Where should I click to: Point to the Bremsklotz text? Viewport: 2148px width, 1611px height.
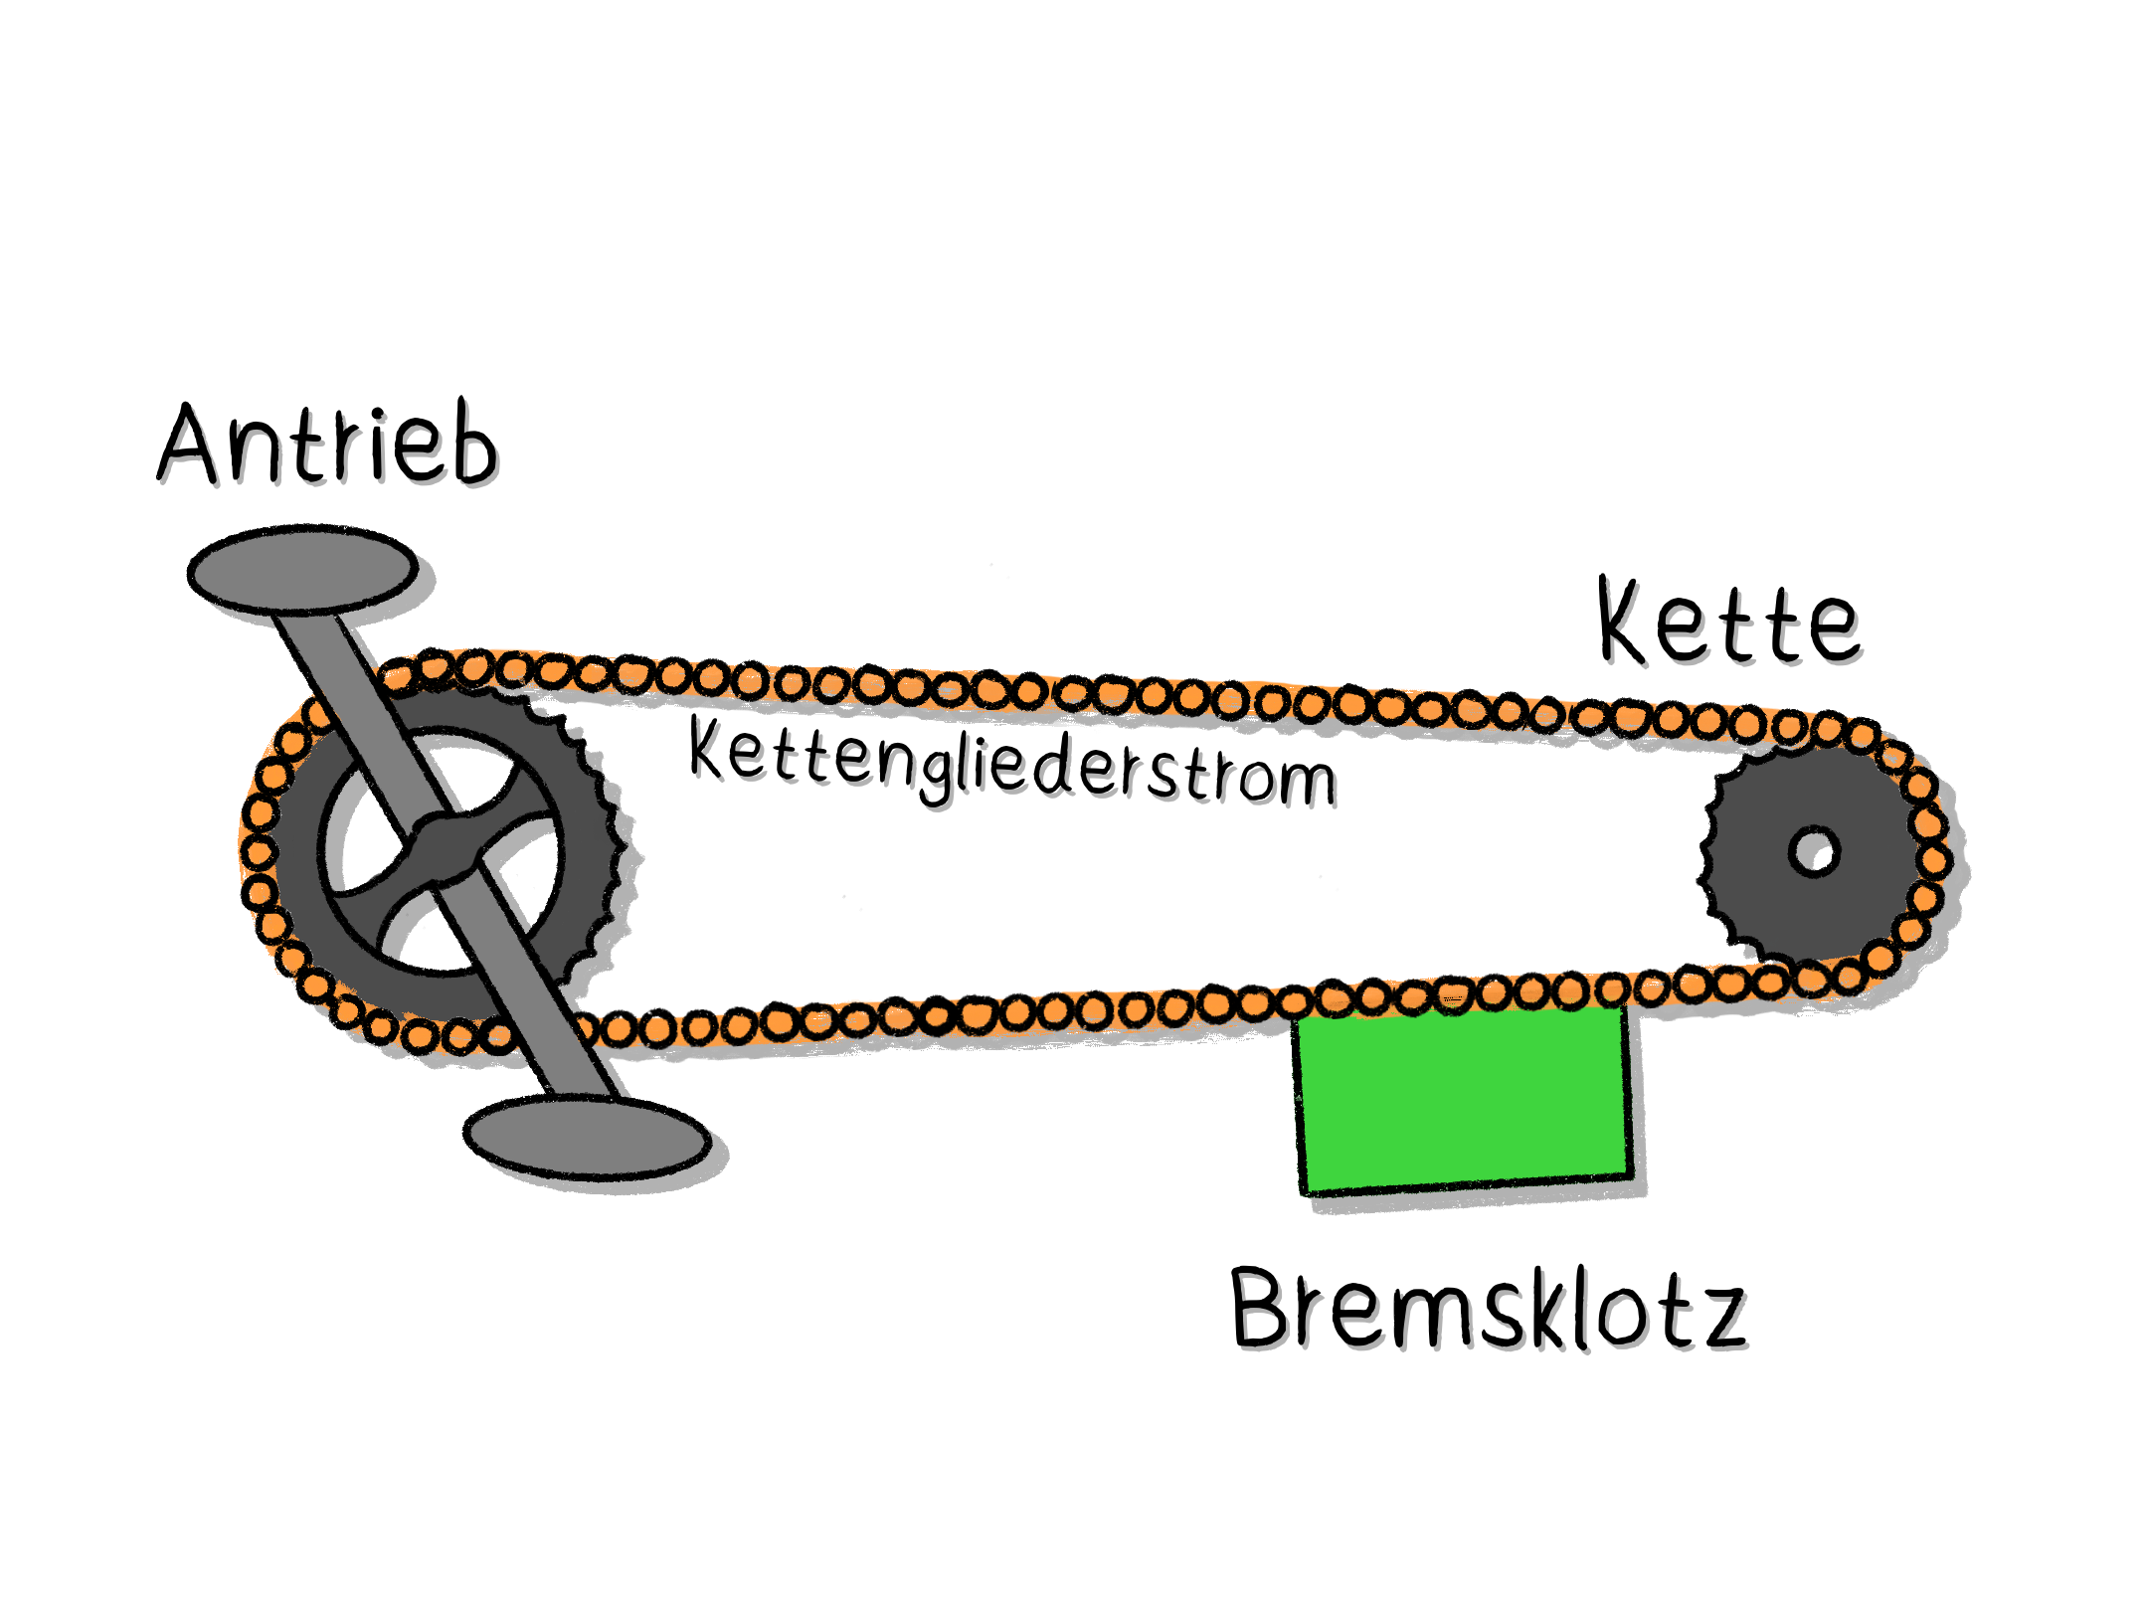pyautogui.click(x=1488, y=1311)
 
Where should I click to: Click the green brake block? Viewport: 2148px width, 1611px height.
pyautogui.click(x=1463, y=1098)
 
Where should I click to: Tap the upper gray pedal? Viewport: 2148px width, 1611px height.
pyautogui.click(x=302, y=570)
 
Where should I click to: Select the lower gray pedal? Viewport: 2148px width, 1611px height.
pyautogui.click(x=587, y=1139)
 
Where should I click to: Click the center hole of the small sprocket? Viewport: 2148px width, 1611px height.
pyautogui.click(x=1814, y=851)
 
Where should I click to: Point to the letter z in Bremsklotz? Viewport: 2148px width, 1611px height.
pyautogui.click(x=1721, y=1319)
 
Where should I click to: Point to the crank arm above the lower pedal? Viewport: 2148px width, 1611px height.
pyautogui.click(x=557, y=1024)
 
